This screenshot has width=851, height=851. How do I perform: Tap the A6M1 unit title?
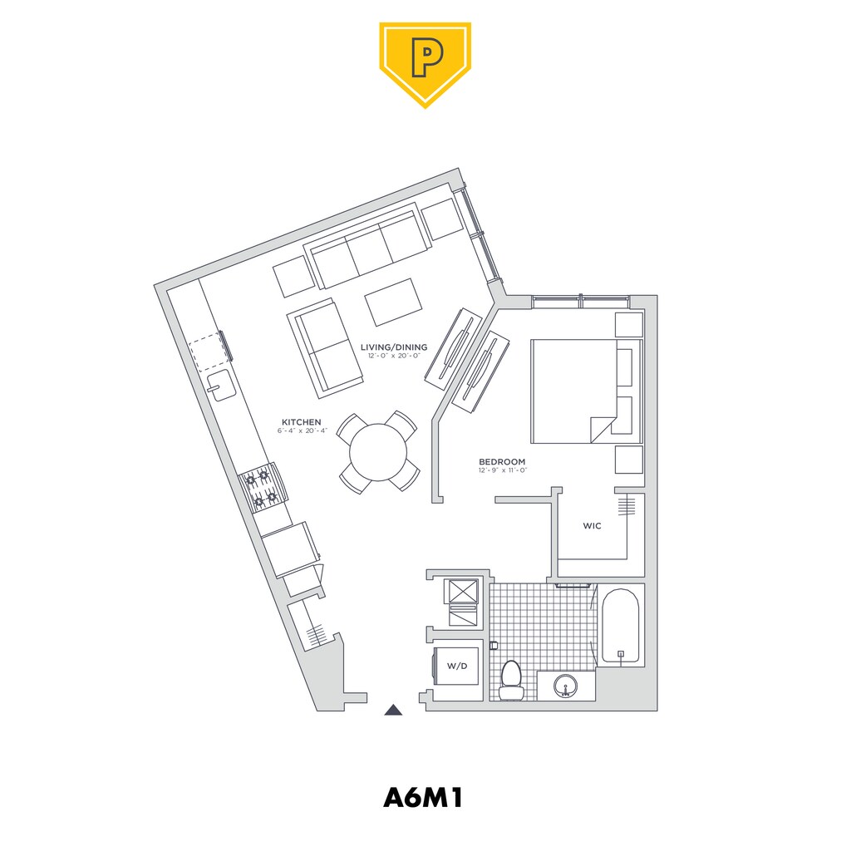coord(423,798)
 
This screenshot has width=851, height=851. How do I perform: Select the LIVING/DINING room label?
coord(394,347)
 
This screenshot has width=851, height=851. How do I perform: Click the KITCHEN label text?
coord(301,421)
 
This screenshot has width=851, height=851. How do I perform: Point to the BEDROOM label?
coord(502,461)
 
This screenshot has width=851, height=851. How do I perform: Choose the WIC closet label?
coord(592,525)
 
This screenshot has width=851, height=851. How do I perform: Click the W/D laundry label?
coord(457,666)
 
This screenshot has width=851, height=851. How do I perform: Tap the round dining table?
coord(378,452)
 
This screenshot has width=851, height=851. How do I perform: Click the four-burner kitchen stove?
coord(263,487)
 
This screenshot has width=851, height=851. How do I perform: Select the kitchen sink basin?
coord(221,385)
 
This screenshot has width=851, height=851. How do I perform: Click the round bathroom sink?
coord(566,686)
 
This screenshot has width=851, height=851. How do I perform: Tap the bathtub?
coord(621,625)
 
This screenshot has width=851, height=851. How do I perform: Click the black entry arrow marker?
coord(393,710)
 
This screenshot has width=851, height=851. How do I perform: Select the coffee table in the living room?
coord(393,303)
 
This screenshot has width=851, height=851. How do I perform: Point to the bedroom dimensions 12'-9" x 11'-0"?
coord(503,470)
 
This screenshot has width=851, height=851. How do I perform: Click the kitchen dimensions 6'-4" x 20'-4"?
coord(302,431)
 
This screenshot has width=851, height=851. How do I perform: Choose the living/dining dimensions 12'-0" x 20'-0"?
coord(394,356)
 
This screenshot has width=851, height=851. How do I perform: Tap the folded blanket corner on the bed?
coord(602,430)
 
